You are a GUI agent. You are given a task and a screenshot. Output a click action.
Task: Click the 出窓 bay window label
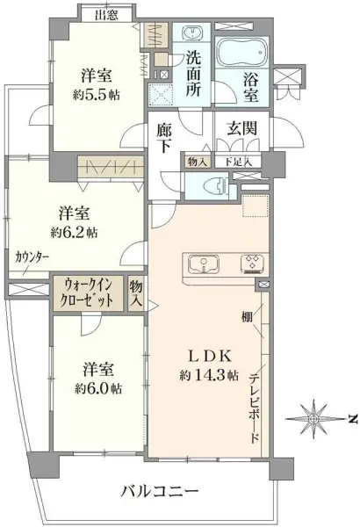[x=107, y=16]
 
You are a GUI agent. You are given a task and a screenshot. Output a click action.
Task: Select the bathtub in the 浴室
[x=241, y=52]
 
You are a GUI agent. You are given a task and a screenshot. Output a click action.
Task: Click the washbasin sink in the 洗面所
[x=192, y=34]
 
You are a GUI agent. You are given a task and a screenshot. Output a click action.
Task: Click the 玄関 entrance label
[x=241, y=128]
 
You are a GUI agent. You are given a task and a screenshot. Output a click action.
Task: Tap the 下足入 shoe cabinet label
[x=238, y=162]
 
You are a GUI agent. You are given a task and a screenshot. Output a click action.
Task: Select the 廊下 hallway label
[x=164, y=138]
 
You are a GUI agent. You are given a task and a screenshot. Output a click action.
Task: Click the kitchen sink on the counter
[x=204, y=263]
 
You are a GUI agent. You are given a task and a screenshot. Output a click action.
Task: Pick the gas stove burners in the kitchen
[x=254, y=263]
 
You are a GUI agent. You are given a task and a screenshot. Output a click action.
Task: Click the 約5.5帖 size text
[x=97, y=95]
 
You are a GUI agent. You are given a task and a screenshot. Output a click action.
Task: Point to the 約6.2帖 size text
[x=74, y=232]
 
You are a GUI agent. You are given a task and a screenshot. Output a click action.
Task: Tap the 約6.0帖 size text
[x=98, y=388]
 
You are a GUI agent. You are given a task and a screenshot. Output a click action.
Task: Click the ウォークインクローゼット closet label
[x=89, y=293]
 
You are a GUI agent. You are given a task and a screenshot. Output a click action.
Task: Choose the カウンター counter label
[x=32, y=257]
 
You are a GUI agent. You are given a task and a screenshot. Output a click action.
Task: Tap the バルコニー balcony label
[x=160, y=493]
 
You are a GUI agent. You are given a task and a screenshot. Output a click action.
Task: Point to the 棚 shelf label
[x=247, y=317]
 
